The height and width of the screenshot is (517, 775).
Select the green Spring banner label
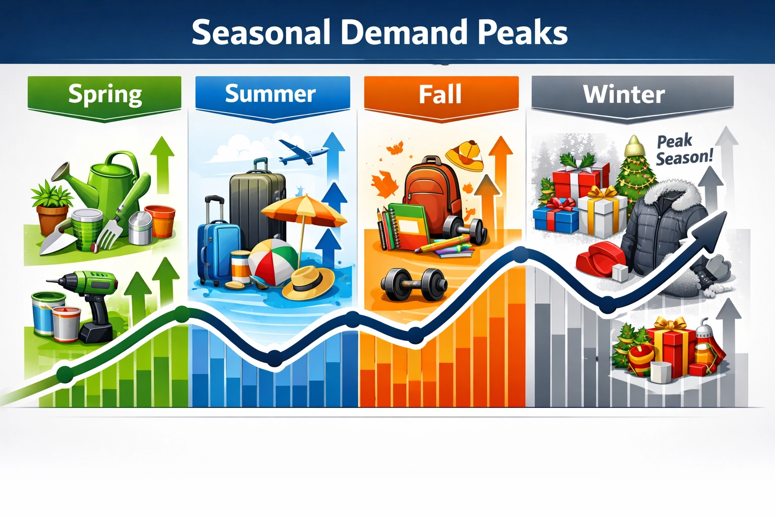(x=104, y=95)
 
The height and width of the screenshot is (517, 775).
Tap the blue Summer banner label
(x=271, y=94)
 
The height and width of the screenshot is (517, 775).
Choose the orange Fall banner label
(x=440, y=94)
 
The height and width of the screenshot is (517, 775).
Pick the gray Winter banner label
(x=624, y=95)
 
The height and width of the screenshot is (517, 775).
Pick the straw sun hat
(x=308, y=283)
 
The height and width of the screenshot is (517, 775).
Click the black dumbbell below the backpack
(x=414, y=285)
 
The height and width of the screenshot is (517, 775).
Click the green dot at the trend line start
(x=65, y=374)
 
